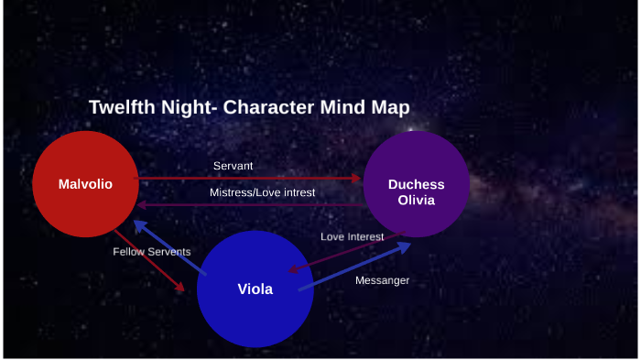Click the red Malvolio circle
pos(85,184)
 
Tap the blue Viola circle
pos(255,288)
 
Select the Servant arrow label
pos(233,166)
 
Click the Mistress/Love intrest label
pos(262,193)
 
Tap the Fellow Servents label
pos(152,251)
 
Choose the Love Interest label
pos(352,237)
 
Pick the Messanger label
pos(382,280)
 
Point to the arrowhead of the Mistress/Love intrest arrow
pos(142,205)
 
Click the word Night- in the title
pos(187,107)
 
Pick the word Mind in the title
pos(342,107)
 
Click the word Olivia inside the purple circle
pos(416,200)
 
